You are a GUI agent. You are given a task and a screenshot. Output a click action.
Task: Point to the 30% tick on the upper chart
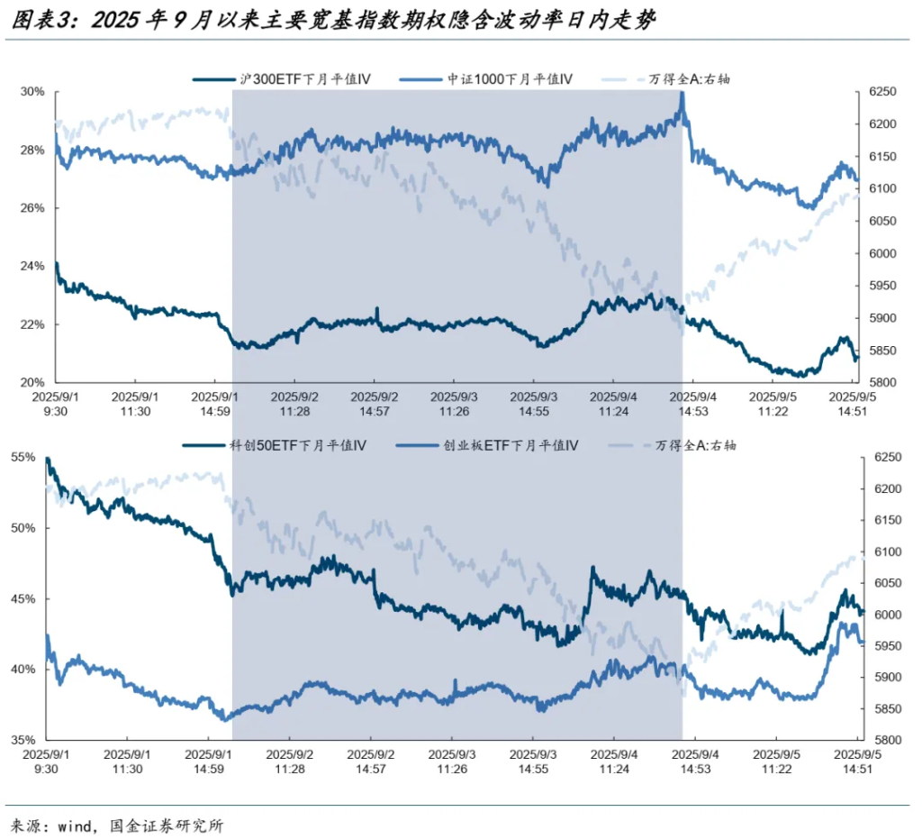click(32, 92)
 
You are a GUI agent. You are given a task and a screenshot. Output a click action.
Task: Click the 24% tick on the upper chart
click(32, 266)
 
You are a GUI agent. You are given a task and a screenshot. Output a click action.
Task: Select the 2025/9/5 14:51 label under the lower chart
click(859, 762)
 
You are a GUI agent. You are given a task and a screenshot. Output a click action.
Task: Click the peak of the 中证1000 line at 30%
click(682, 94)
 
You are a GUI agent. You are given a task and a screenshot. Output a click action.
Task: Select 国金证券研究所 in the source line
click(166, 825)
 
